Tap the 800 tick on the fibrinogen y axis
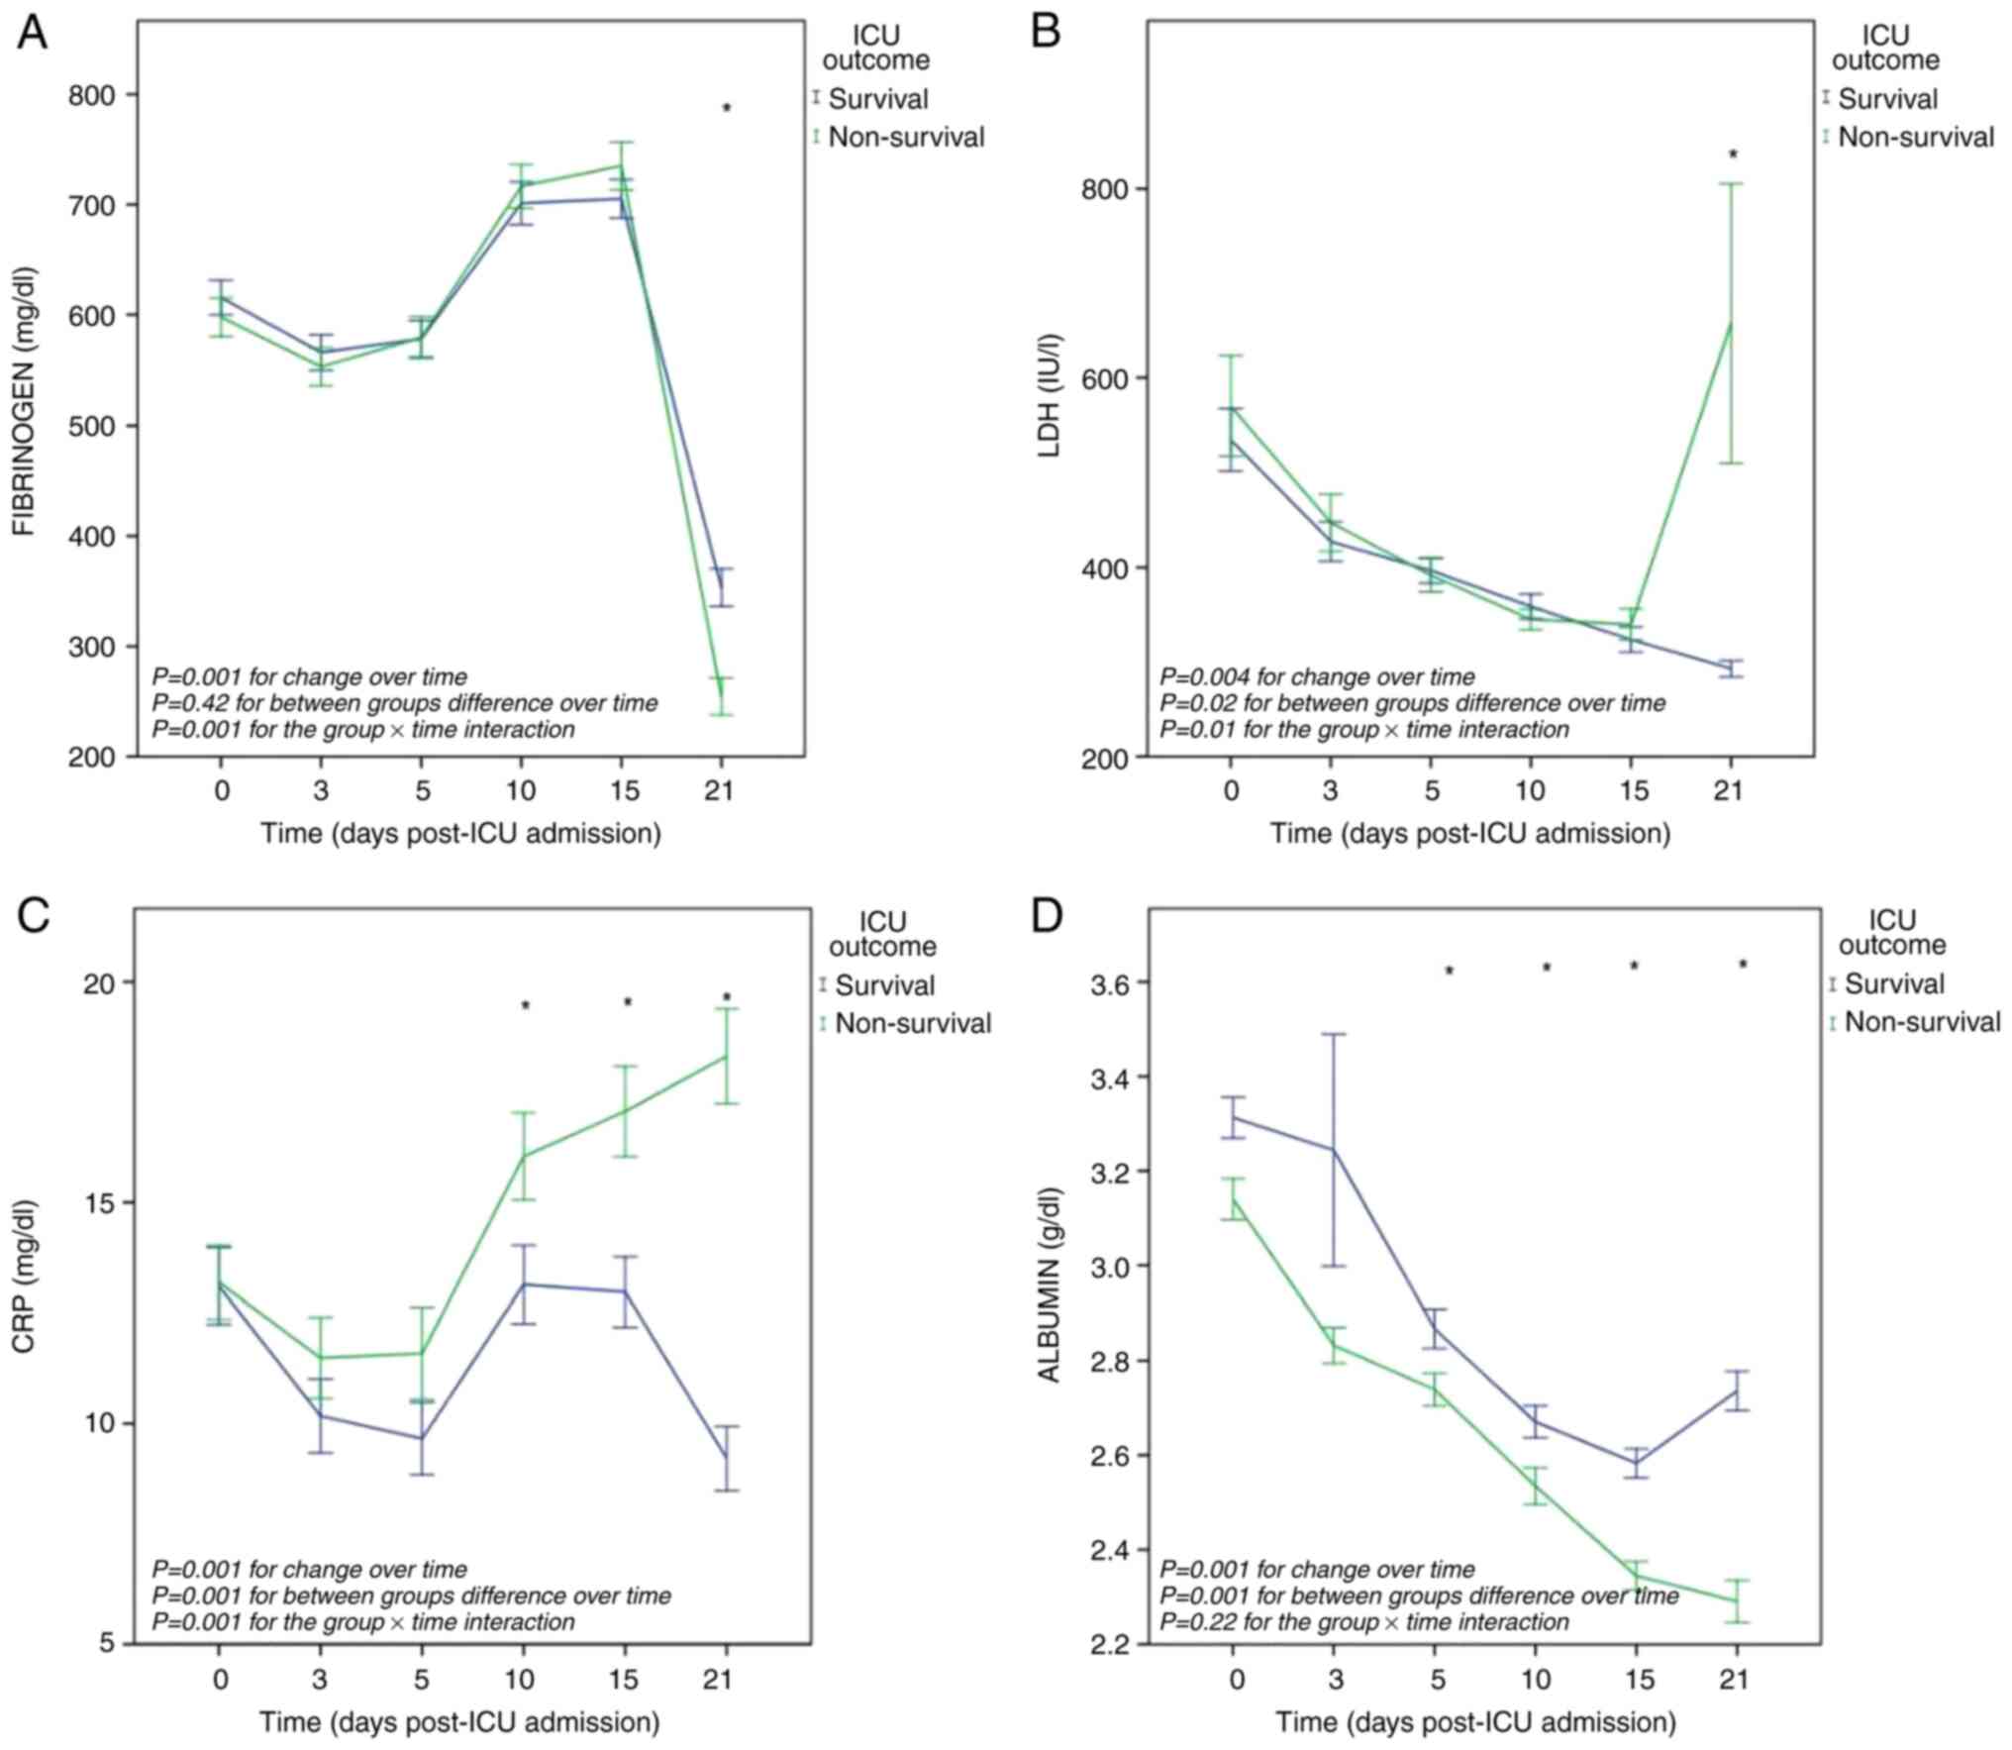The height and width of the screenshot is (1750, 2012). pos(91,96)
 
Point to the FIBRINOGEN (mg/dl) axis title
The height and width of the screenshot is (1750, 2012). pos(24,400)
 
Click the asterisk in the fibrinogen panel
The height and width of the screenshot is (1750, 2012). pos(727,108)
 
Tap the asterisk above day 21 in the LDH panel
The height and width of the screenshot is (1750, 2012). pos(1733,154)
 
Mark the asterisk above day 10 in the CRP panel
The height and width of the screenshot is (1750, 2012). pos(526,1006)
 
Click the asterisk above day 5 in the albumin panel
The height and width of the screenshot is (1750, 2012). pos(1449,972)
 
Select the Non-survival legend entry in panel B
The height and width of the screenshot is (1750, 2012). pos(1915,137)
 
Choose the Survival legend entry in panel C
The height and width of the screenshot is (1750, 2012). pos(884,985)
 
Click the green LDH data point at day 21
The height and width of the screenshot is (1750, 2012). pos(1731,323)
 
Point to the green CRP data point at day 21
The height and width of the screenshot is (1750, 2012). pos(727,1056)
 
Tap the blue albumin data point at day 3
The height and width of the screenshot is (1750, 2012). pos(1334,1150)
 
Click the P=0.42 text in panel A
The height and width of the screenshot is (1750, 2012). pos(404,703)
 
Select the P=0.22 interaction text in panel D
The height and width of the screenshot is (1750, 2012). pos(1364,1622)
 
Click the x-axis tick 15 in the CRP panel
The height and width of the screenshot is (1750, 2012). pos(624,1680)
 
